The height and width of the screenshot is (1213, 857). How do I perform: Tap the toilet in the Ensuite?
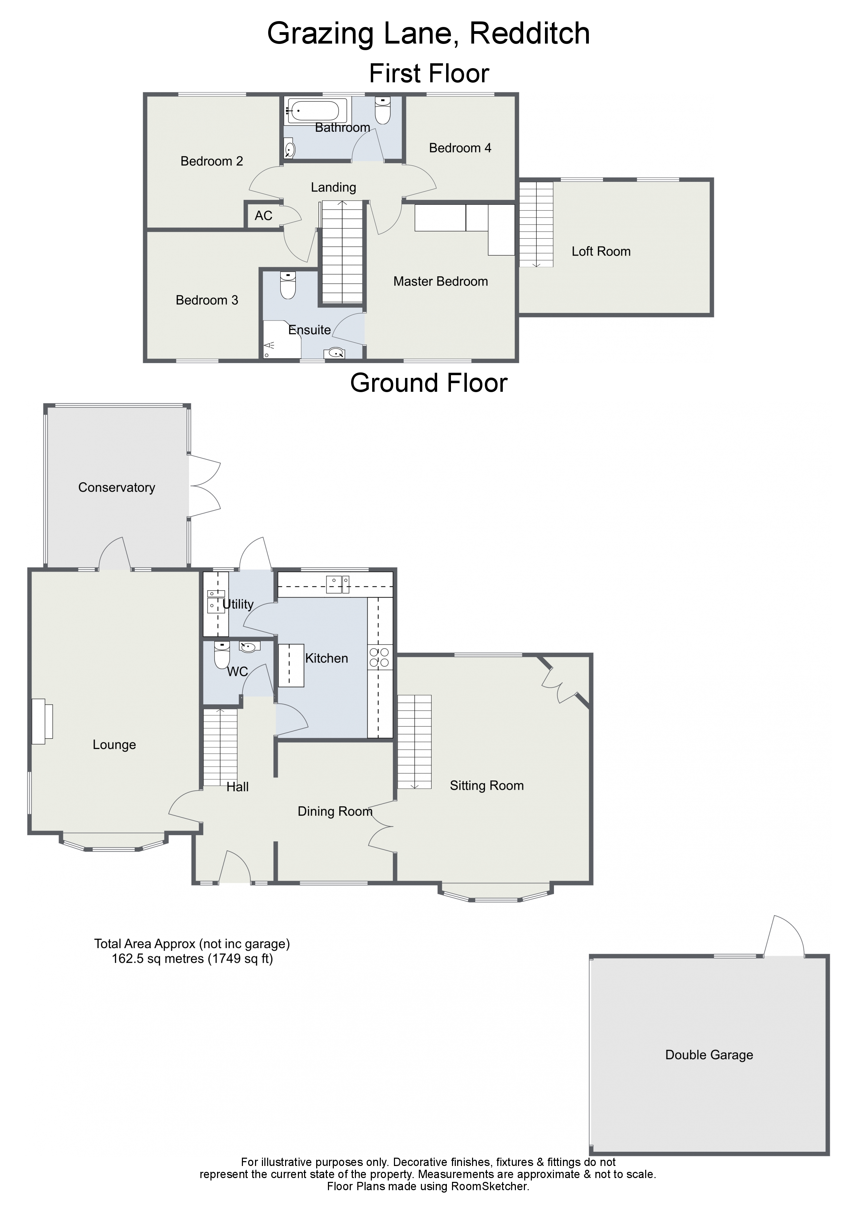(288, 285)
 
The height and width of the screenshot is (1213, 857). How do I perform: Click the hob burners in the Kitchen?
(380, 657)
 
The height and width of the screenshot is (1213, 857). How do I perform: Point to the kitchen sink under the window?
(338, 584)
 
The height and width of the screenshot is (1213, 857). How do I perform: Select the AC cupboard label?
(263, 215)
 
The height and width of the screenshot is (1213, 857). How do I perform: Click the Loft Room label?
(601, 251)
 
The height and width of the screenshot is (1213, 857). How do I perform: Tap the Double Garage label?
(709, 1055)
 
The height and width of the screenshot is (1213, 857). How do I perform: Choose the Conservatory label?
(117, 488)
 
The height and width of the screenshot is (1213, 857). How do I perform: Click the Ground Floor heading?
(429, 383)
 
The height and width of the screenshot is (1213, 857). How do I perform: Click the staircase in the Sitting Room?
(415, 742)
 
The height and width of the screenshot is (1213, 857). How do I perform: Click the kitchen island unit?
(291, 665)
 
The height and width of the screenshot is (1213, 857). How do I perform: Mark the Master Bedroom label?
(440, 281)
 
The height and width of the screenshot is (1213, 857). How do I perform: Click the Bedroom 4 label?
(460, 148)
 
